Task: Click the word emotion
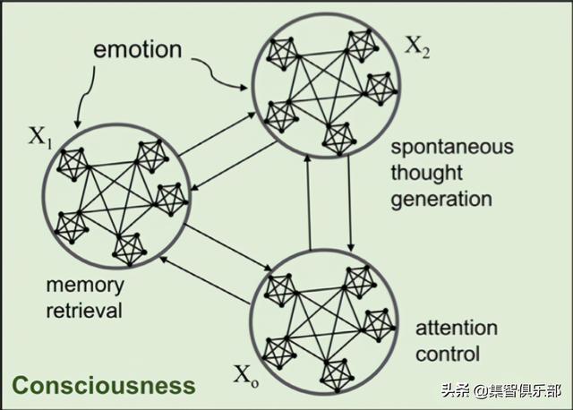[x=137, y=49]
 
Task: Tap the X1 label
[x=40, y=138]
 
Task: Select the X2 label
[x=417, y=47]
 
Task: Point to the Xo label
[x=246, y=375]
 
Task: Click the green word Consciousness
[x=104, y=386]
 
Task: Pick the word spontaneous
[x=452, y=147]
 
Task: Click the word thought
[x=427, y=173]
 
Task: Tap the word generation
[x=441, y=199]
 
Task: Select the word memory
[x=85, y=286]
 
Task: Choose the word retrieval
[x=84, y=311]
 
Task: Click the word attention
[x=457, y=328]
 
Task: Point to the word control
[x=448, y=354]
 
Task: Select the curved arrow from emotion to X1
[x=84, y=97]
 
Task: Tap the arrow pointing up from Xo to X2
[x=309, y=202]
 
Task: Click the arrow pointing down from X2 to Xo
[x=350, y=203]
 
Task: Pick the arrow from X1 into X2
[x=217, y=133]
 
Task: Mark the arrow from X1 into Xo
[x=227, y=247]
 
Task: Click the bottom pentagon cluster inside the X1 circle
[x=129, y=249]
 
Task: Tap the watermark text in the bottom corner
[x=501, y=390]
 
